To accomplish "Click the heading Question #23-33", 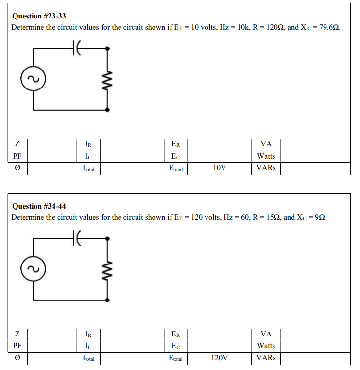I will [38, 16].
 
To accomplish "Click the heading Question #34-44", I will [38, 206].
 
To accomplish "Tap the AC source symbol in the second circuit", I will [33, 268].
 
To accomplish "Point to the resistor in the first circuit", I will [107, 79].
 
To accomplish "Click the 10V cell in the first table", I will [219, 168].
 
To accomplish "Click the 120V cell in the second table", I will [219, 358].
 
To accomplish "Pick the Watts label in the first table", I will [266, 156].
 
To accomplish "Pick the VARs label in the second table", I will [266, 358].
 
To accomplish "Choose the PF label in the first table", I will [17, 156].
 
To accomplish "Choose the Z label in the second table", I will [17, 334].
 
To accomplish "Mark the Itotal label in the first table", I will [88, 168].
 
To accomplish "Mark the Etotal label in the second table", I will [175, 358].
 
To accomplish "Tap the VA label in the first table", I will [266, 144].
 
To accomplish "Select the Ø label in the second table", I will [17, 358].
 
